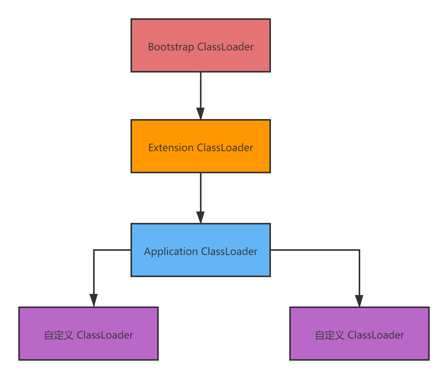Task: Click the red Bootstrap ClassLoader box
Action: pyautogui.click(x=201, y=45)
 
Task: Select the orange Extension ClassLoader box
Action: pyautogui.click(x=201, y=146)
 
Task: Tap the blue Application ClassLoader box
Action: pyautogui.click(x=201, y=250)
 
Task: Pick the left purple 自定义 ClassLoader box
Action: pyautogui.click(x=89, y=334)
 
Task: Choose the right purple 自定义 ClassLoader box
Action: pyautogui.click(x=359, y=334)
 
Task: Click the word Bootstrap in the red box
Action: pyautogui.click(x=171, y=47)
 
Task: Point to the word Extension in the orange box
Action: pyautogui.click(x=171, y=148)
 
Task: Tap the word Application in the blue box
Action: pyautogui.click(x=171, y=252)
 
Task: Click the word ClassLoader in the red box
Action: pyautogui.click(x=226, y=47)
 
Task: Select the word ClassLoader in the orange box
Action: pyautogui.click(x=225, y=148)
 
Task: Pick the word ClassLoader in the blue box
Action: pyautogui.click(x=229, y=252)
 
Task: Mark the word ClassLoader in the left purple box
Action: pyautogui.click(x=105, y=335)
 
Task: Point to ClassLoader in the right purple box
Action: pyautogui.click(x=376, y=335)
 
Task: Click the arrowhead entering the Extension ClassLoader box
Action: pyautogui.click(x=201, y=114)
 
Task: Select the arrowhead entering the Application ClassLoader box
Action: pyautogui.click(x=201, y=218)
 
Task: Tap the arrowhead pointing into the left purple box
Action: pyautogui.click(x=93, y=301)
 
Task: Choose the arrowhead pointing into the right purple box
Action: pyautogui.click(x=359, y=301)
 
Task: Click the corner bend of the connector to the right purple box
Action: pyautogui.click(x=359, y=250)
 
